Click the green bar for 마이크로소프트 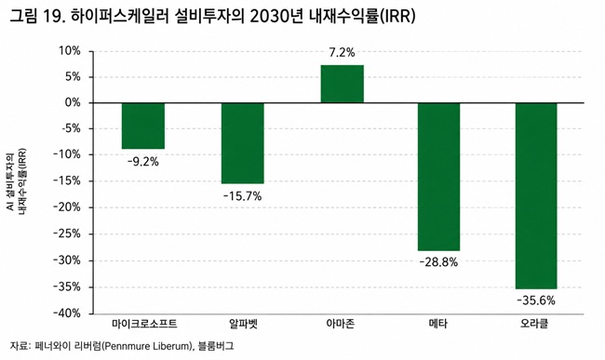[x=143, y=126]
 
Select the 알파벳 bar [x=243, y=143]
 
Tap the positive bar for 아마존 [x=343, y=84]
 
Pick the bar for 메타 [x=438, y=177]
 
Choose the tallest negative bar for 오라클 [x=536, y=195]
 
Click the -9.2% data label [x=143, y=162]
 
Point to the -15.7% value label [x=242, y=196]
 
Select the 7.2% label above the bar [x=343, y=52]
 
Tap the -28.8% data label [x=438, y=262]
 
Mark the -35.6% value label [x=536, y=300]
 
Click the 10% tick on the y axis [x=70, y=51]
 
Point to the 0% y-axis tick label [x=73, y=103]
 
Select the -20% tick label [x=67, y=207]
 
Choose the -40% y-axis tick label [x=67, y=313]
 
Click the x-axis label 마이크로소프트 [x=144, y=324]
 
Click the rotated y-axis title [x=16, y=180]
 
